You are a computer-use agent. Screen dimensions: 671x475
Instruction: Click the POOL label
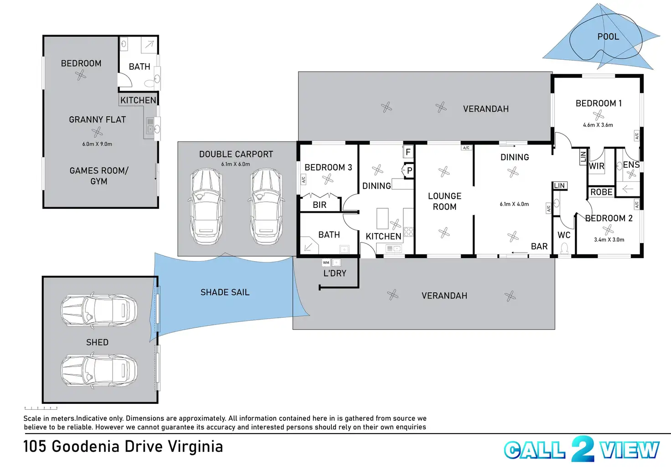[x=608, y=36]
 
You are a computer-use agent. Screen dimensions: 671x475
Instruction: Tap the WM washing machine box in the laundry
[x=326, y=263]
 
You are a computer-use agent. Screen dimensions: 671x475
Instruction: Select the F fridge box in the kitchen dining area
[x=408, y=152]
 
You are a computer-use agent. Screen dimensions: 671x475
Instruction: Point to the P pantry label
[x=409, y=170]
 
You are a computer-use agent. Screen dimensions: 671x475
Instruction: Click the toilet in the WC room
[x=564, y=248]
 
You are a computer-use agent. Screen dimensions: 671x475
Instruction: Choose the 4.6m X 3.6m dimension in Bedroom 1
[x=598, y=125]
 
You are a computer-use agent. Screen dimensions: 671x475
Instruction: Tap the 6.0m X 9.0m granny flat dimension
[x=97, y=144]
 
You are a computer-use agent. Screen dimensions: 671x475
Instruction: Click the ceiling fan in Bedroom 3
[x=328, y=180]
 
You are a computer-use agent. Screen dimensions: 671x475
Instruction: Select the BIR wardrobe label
[x=320, y=205]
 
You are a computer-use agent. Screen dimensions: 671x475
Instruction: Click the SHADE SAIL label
[x=225, y=292]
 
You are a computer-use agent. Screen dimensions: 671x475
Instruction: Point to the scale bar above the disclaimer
[x=41, y=408]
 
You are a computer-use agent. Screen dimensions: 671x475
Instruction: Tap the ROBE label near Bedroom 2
[x=601, y=192]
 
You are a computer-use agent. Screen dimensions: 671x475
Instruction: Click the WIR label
[x=596, y=166]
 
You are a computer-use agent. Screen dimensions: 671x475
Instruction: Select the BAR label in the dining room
[x=539, y=246]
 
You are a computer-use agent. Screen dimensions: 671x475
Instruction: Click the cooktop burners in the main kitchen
[x=408, y=232]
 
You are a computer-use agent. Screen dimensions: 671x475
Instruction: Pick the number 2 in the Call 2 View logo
[x=583, y=449]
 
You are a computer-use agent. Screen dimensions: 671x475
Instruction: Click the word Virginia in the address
[x=195, y=447]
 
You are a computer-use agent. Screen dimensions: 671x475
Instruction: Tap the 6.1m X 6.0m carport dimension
[x=236, y=164]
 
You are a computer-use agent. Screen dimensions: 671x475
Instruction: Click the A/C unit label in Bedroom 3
[x=303, y=180]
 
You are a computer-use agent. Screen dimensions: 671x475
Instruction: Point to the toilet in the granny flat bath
[x=149, y=83]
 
